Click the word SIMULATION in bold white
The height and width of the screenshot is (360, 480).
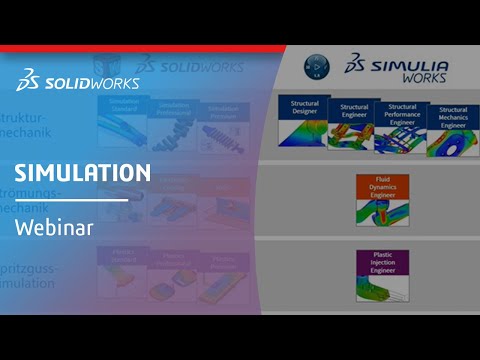[83, 173]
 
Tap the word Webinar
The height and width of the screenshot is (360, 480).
[54, 227]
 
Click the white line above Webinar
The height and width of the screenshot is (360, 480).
[70, 200]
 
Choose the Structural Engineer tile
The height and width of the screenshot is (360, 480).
[353, 126]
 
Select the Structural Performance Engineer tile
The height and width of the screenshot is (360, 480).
[402, 126]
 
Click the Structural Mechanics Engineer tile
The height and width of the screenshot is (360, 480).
[452, 128]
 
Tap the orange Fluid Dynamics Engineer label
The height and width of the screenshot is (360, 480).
[375, 186]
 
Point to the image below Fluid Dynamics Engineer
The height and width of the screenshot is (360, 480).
[375, 211]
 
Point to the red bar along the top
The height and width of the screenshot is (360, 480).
[140, 48]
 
